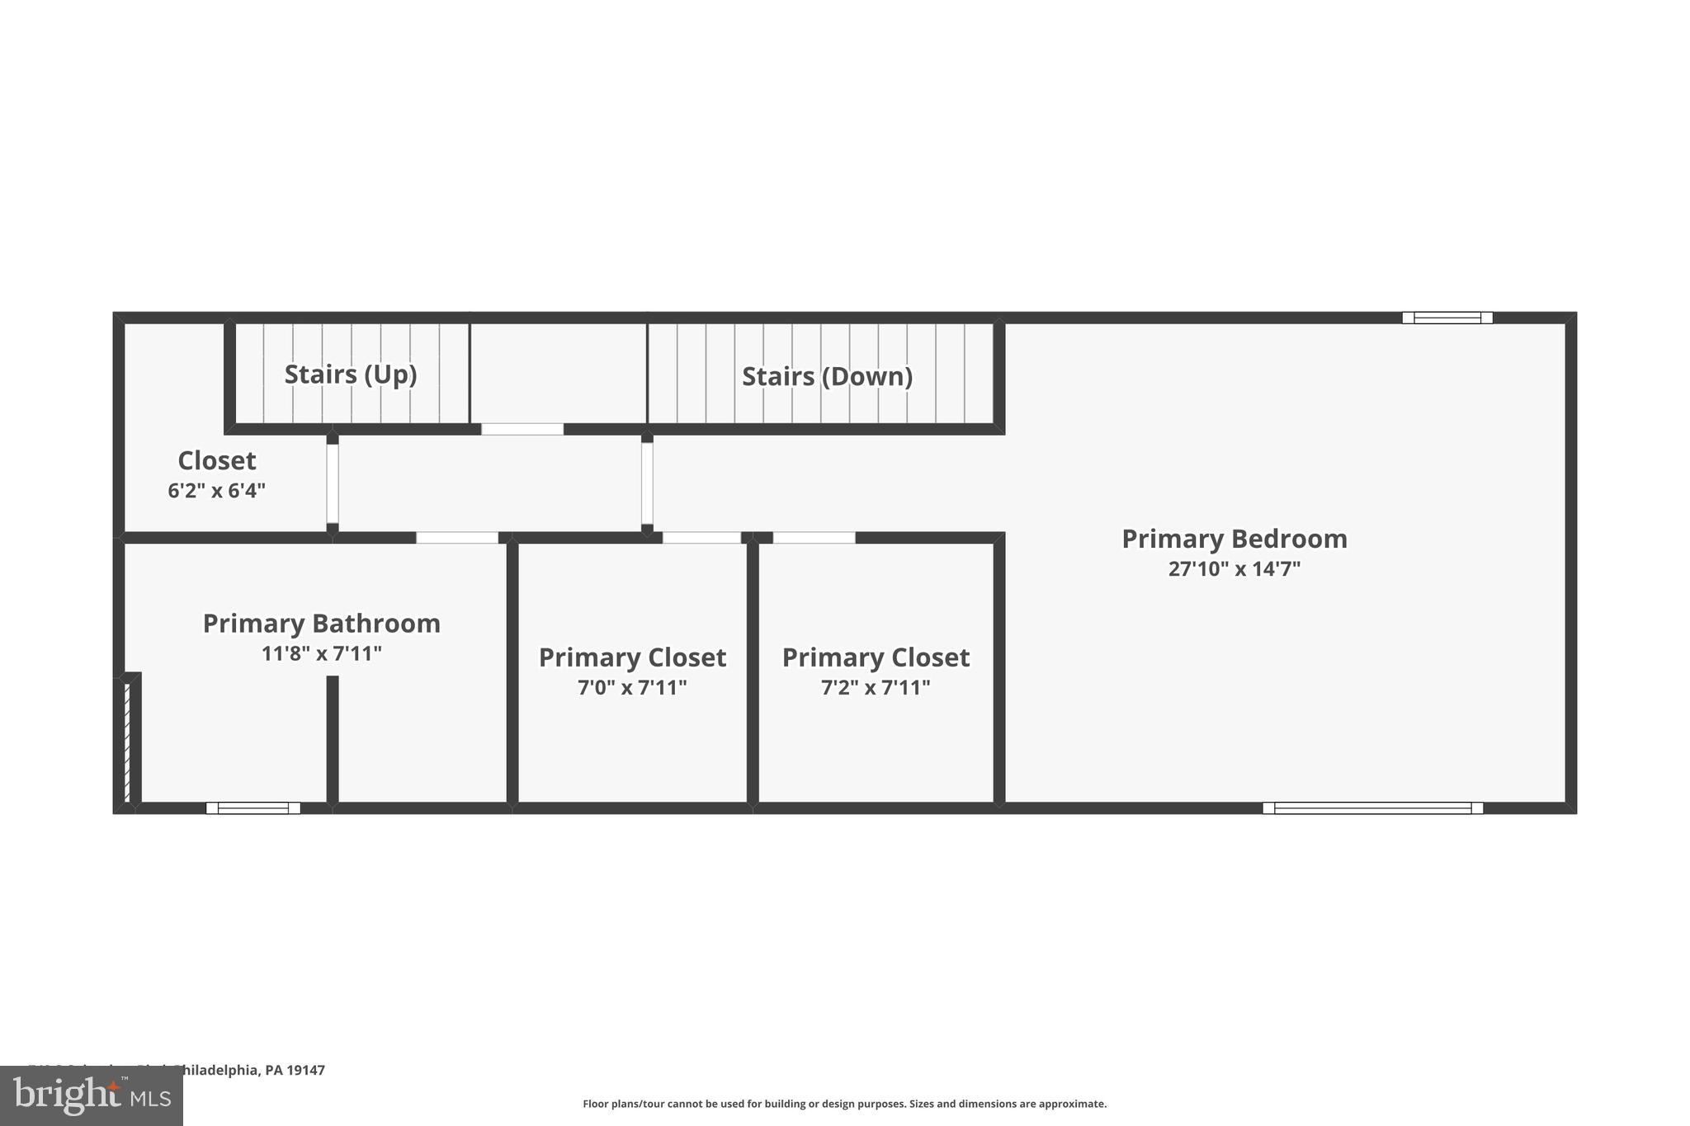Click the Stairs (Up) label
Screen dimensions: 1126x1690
click(x=351, y=375)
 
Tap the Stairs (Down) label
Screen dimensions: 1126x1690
click(x=827, y=377)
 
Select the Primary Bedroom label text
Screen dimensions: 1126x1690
click(x=1234, y=539)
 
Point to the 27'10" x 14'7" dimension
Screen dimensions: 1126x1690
click(x=1234, y=569)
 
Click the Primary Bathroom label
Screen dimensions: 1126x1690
click(x=321, y=624)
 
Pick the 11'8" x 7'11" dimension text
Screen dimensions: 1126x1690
click(x=321, y=654)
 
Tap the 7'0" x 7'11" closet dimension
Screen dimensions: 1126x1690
click(x=632, y=688)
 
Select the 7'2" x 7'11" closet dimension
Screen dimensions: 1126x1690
click(x=876, y=688)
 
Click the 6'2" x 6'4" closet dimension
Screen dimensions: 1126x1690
click(x=216, y=492)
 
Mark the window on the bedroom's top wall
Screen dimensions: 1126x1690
click(x=1447, y=318)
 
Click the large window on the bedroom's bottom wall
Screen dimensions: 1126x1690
click(x=1372, y=808)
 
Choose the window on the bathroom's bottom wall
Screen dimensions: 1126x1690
click(x=253, y=808)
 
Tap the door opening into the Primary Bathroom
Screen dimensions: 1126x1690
click(x=457, y=538)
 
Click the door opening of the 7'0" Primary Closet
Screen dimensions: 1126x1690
click(x=701, y=538)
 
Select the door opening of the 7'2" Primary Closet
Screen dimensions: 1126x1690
click(x=814, y=538)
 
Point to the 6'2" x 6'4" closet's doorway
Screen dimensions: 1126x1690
click(x=333, y=483)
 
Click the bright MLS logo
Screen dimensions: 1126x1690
click(x=92, y=1095)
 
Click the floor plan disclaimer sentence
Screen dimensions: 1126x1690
click(x=844, y=1104)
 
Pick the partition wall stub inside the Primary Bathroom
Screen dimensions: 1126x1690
click(x=333, y=738)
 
